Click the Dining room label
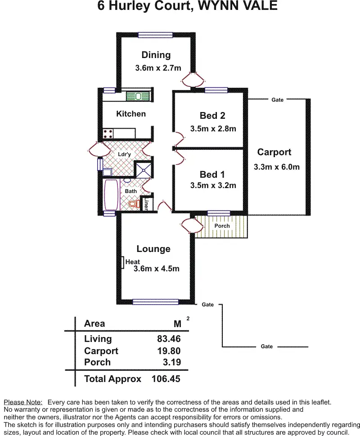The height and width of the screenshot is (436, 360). tap(156, 55)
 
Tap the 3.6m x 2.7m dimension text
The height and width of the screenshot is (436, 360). tap(158, 68)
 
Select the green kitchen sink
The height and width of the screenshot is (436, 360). tap(138, 96)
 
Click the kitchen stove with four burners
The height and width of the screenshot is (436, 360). tap(108, 134)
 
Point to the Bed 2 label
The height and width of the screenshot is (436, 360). tap(212, 115)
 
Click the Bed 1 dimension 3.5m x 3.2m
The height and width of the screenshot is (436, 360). tap(213, 185)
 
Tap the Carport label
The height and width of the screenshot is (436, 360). tap(274, 152)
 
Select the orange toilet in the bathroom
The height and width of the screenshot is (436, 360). tap(134, 204)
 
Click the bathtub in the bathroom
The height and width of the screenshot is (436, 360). tap(111, 195)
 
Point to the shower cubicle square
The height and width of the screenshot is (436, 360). tap(144, 169)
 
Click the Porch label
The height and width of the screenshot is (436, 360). tap(222, 226)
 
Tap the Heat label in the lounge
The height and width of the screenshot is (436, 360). tap(133, 262)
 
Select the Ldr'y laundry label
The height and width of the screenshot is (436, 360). tap(124, 154)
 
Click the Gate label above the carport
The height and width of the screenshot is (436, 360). tap(278, 100)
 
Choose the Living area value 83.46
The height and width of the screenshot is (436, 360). tap(169, 339)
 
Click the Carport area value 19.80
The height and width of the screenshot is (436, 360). tap(169, 351)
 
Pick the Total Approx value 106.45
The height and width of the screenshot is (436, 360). tap(166, 379)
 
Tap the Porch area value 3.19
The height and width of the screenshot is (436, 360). tap(172, 362)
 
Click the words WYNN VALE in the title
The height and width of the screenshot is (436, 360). tap(238, 5)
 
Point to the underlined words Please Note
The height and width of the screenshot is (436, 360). tap(23, 402)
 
